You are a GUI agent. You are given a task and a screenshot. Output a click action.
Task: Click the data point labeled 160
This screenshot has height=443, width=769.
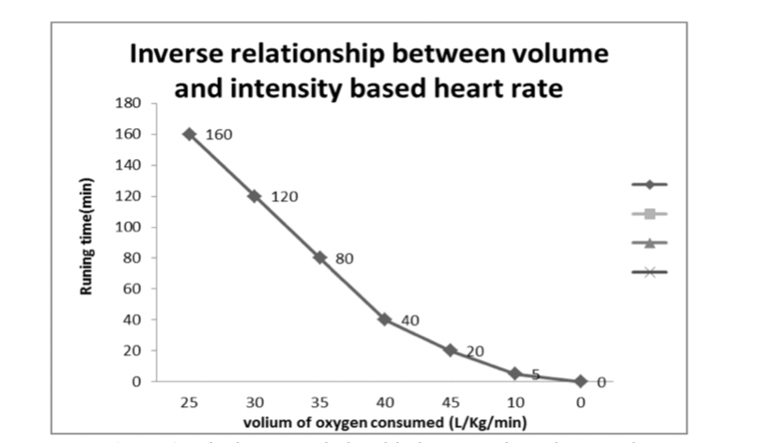pyautogui.click(x=189, y=134)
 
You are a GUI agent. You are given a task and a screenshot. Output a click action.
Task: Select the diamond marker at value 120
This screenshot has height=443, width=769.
pyautogui.click(x=254, y=196)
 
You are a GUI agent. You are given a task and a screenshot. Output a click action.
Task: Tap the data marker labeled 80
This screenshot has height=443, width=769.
pyautogui.click(x=320, y=258)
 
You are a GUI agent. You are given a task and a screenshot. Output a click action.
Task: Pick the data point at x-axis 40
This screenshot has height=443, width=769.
pyautogui.click(x=384, y=319)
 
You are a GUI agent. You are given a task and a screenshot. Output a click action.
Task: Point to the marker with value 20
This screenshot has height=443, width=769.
pyautogui.click(x=450, y=350)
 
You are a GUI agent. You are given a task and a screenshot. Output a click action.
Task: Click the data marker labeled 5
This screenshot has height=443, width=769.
pyautogui.click(x=515, y=374)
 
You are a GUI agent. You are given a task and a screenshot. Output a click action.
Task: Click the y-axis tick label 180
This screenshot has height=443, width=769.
pyautogui.click(x=128, y=103)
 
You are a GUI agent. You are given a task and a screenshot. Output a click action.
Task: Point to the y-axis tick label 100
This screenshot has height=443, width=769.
pyautogui.click(x=128, y=227)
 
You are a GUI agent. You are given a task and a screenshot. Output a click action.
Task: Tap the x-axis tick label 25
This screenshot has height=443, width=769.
pyautogui.click(x=189, y=402)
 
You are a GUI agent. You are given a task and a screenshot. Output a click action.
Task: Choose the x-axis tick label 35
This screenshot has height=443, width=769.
pyautogui.click(x=320, y=402)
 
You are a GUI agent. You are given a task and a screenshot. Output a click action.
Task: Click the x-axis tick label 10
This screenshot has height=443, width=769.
pyautogui.click(x=515, y=402)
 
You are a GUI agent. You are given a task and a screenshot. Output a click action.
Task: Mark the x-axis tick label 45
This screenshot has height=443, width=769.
pyautogui.click(x=450, y=402)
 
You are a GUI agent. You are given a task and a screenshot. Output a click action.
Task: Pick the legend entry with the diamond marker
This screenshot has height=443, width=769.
pyautogui.click(x=649, y=185)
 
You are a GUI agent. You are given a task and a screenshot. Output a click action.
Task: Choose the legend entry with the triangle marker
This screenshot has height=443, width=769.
pyautogui.click(x=649, y=243)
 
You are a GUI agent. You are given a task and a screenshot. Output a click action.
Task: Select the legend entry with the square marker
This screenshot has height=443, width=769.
pyautogui.click(x=649, y=214)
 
